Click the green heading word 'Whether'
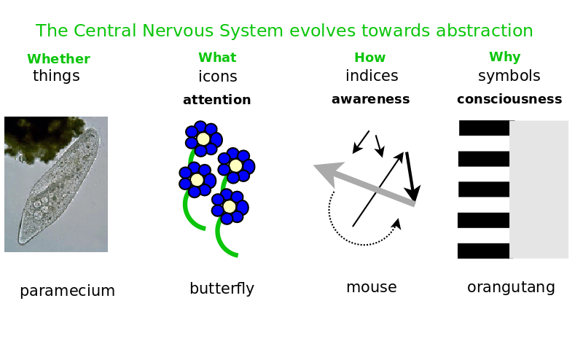[x=58, y=59]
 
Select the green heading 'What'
[x=217, y=58]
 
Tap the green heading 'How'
[x=369, y=58]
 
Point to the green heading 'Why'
[x=504, y=57]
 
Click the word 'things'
[x=56, y=76]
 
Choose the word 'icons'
[x=217, y=77]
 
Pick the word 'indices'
[x=372, y=76]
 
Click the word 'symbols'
[x=509, y=76]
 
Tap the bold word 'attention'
[x=216, y=100]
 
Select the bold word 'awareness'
[x=370, y=99]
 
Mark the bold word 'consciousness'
[x=509, y=99]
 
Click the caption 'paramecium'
[x=67, y=291]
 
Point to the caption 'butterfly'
[x=222, y=289]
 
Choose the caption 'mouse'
[x=371, y=287]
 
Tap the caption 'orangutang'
[x=511, y=287]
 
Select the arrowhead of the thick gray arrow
[x=322, y=171]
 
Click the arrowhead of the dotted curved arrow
[x=397, y=223]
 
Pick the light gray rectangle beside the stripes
[x=539, y=189]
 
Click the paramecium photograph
[x=56, y=184]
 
